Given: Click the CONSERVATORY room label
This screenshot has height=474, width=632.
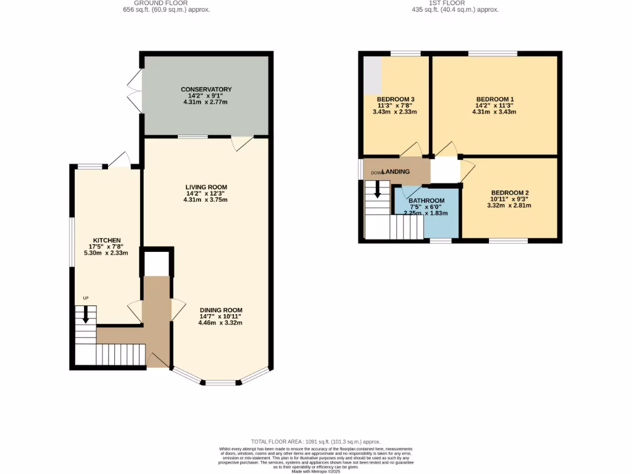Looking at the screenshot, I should click(x=206, y=89).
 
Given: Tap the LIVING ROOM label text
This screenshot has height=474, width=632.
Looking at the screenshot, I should click(x=206, y=187).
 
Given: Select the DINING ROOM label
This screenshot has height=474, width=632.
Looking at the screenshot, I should click(x=220, y=310).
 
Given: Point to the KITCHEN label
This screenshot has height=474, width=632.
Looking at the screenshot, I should click(x=107, y=240).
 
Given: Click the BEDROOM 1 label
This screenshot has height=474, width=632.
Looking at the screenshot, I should click(x=494, y=99).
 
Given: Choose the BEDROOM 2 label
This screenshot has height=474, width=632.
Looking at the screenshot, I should click(x=509, y=193).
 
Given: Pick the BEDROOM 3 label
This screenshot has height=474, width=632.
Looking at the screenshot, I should click(x=395, y=99).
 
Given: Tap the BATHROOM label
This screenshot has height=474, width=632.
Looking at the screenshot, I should click(x=426, y=201).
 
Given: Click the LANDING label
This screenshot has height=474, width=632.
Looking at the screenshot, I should click(x=396, y=172).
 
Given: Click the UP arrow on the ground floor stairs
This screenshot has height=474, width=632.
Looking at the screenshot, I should click(x=86, y=315).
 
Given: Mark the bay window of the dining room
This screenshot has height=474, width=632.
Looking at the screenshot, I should click(x=221, y=381).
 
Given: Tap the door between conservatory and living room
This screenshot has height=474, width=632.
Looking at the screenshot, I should click(x=243, y=142).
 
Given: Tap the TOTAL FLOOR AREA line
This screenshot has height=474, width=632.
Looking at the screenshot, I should click(x=315, y=442).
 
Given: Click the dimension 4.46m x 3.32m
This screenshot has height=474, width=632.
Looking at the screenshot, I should click(x=220, y=323).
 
